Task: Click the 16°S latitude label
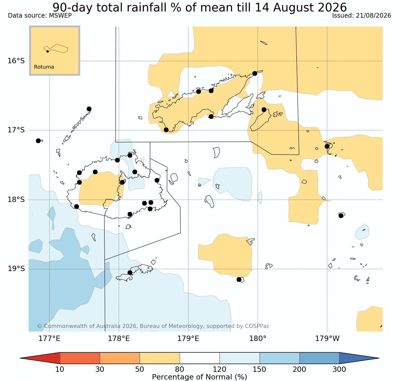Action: (16, 61)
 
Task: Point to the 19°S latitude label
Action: (16, 269)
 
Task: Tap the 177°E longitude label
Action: (50, 339)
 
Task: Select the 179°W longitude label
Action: (327, 339)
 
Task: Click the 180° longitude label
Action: (258, 339)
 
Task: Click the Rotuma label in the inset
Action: (44, 67)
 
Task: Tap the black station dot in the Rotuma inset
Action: (47, 51)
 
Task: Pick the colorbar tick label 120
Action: (220, 369)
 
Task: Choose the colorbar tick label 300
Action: (339, 369)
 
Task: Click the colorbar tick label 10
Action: (60, 369)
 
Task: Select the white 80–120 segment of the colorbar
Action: (200, 358)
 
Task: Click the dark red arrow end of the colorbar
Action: (40, 358)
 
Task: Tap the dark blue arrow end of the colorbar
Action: (359, 358)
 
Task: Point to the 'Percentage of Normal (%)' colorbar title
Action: (199, 377)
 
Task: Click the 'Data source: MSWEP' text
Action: (40, 16)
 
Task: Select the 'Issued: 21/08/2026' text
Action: (361, 16)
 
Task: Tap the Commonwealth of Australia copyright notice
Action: (153, 326)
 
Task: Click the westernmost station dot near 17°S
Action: (38, 141)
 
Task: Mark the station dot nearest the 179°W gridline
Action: (327, 146)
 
